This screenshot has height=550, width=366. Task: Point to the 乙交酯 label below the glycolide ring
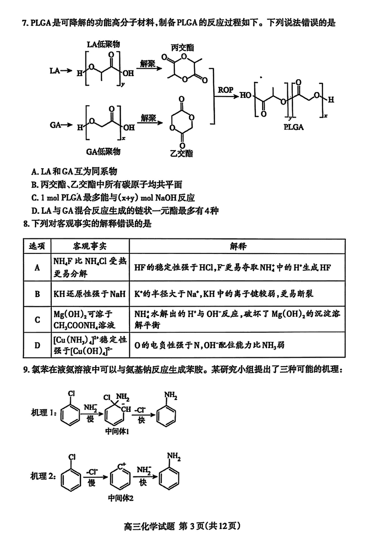181,153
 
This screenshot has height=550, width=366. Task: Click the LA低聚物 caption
103,44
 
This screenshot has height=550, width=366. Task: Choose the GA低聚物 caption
103,151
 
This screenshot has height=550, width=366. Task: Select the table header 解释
238,246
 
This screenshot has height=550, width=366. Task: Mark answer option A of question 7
75,172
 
